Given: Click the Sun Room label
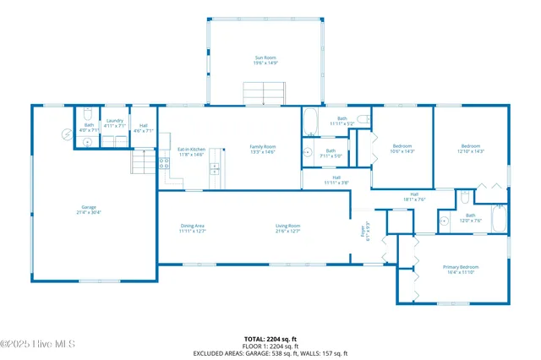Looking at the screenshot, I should point(265,60).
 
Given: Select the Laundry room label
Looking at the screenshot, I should point(115,122).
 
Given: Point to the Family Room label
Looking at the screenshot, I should point(263,149).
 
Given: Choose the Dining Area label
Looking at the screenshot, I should point(193,227).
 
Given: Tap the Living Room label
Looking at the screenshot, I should point(287,227).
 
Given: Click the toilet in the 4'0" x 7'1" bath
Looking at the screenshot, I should point(88,141).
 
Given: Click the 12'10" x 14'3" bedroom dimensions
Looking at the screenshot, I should point(471,151).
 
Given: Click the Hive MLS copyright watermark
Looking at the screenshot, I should point(38,344).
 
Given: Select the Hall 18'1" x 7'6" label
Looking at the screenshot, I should point(415,197).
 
